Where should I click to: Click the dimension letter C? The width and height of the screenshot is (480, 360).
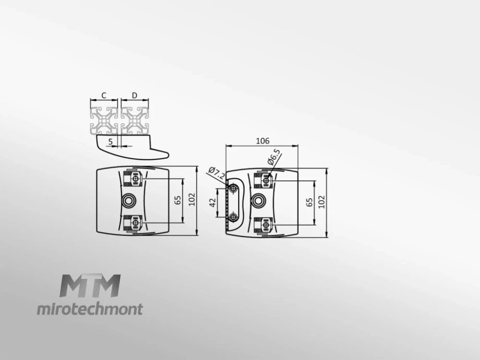[104, 96]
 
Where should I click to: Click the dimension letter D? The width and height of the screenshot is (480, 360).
[135, 96]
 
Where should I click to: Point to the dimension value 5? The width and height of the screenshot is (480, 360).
[110, 142]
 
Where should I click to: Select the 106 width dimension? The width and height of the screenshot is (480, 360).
[263, 141]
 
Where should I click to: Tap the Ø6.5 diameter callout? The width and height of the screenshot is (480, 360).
[274, 157]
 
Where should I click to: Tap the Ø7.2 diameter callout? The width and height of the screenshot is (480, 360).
[217, 174]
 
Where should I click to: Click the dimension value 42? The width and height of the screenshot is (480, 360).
[213, 203]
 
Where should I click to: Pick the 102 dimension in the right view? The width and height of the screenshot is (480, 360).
[322, 202]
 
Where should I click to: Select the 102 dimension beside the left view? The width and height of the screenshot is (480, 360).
[192, 199]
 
